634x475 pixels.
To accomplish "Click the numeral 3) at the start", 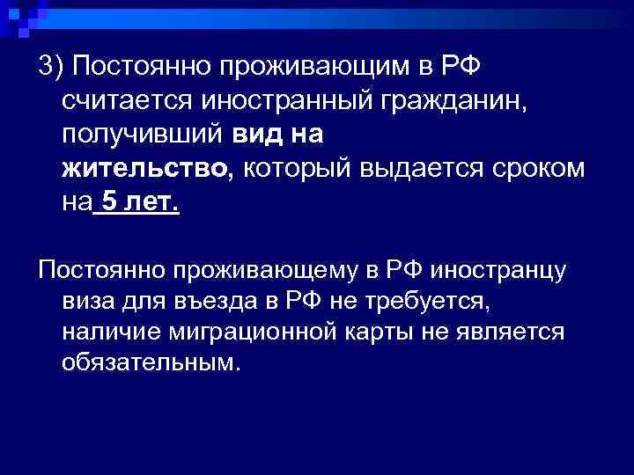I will (x=50, y=68).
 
